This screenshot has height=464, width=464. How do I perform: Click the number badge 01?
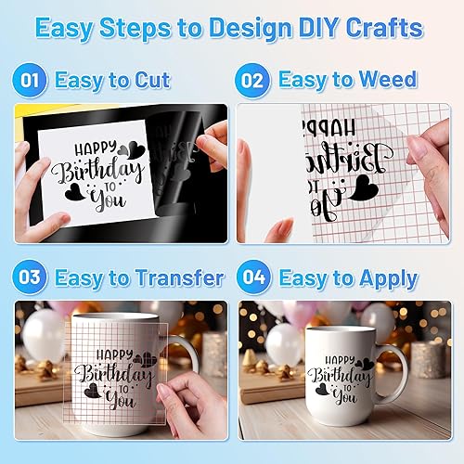pyautogui.click(x=30, y=80)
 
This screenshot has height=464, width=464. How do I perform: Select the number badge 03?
pyautogui.click(x=30, y=277)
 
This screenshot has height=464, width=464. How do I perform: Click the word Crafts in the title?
pyautogui.click(x=390, y=28)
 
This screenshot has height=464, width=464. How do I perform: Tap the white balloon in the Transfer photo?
pyautogui.click(x=43, y=334)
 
